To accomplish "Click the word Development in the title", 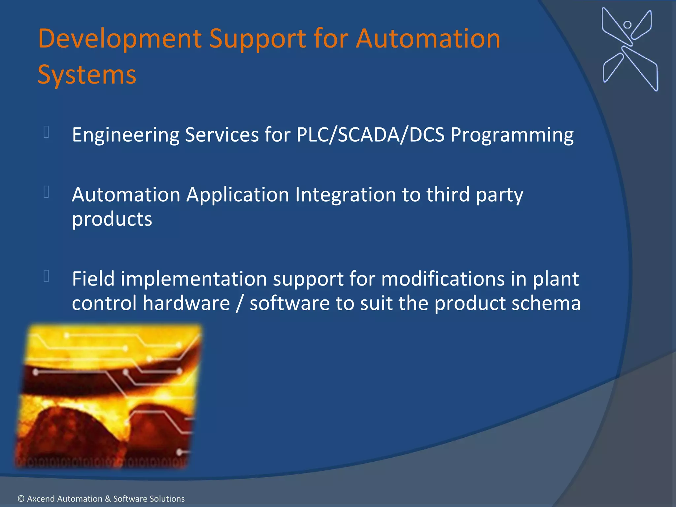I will click(x=120, y=39).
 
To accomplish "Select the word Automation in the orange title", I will click(x=428, y=39).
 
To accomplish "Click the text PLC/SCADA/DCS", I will click(x=370, y=135).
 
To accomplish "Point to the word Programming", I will click(x=512, y=135).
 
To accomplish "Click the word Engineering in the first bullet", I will click(x=125, y=135).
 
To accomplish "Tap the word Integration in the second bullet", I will click(x=345, y=195).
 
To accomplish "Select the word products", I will click(x=112, y=219).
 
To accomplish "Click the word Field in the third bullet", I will click(x=93, y=279).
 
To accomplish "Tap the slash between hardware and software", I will click(x=240, y=304).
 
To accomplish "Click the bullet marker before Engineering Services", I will click(x=46, y=132).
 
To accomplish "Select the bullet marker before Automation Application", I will click(x=46, y=192).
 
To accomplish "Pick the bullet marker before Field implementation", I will click(x=46, y=276).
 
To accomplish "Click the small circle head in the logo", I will click(x=627, y=25).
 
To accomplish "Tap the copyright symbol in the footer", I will click(x=21, y=499).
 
